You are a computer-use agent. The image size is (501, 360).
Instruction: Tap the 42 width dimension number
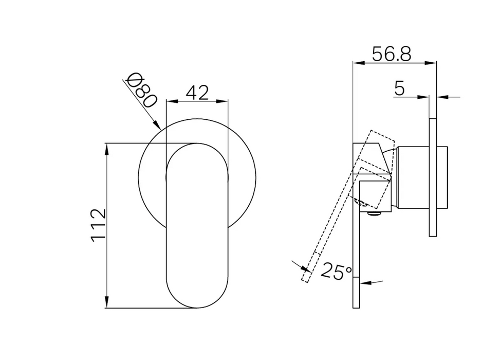(197, 93)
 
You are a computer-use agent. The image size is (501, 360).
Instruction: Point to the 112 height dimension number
(99, 225)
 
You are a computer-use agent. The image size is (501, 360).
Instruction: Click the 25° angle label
(336, 272)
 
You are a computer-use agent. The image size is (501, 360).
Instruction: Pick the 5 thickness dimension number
(399, 88)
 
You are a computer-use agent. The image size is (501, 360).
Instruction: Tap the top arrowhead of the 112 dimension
(106, 149)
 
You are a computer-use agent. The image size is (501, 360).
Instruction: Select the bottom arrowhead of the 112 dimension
(106, 302)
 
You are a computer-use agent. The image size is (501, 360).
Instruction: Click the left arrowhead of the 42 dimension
(172, 102)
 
